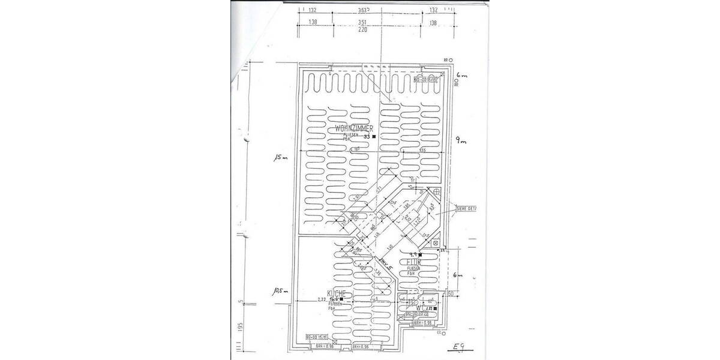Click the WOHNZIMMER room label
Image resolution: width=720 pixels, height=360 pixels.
[x=355, y=129]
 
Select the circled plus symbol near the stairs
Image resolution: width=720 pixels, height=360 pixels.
[x=436, y=191]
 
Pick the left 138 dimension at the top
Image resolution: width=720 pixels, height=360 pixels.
[x=312, y=22]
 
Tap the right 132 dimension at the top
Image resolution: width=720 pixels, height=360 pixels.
[x=434, y=10]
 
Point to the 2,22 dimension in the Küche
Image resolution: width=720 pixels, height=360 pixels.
[x=322, y=299]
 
